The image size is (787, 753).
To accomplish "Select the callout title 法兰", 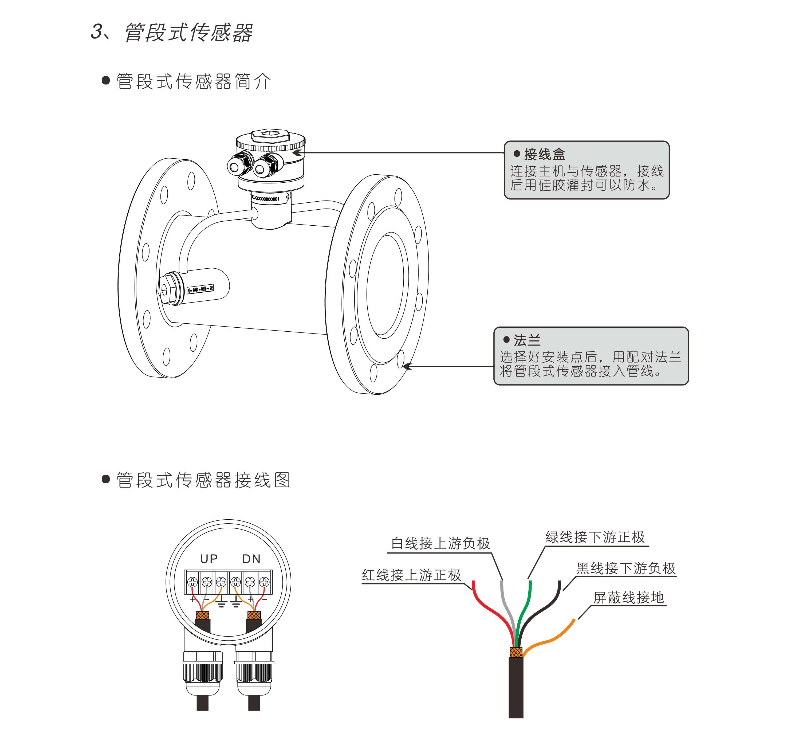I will coord(527,340).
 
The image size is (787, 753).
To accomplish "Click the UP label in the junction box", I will coord(209,559).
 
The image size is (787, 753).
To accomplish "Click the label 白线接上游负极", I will coord(440,543).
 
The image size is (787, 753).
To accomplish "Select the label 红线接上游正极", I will coord(411,575).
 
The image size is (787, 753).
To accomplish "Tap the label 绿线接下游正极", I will coord(595,537).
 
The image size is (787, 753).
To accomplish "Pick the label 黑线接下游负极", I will coord(626,568).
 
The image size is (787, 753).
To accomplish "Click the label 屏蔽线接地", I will coord(628,598).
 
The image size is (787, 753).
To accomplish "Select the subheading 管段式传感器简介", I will coord(194,81).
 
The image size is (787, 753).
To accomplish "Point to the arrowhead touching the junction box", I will coord(297,152).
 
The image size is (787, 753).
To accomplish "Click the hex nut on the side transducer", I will coord(164,289).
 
